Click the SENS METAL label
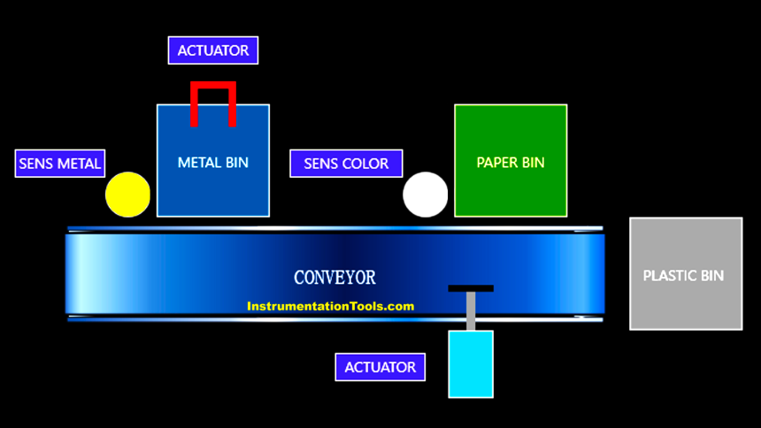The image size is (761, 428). point(60,164)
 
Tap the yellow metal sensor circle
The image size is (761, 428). point(128,195)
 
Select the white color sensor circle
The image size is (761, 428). point(426,195)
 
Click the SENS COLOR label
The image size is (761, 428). point(346,164)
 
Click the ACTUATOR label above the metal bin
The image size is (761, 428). point(213,50)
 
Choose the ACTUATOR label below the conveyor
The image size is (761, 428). point(380,367)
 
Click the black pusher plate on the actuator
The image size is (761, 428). point(471,288)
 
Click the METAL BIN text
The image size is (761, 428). point(213,163)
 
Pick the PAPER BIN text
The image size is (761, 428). point(511,163)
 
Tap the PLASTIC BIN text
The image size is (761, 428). point(683,275)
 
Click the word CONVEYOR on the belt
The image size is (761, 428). point(334,278)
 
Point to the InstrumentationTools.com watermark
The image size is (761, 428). point(331,307)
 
